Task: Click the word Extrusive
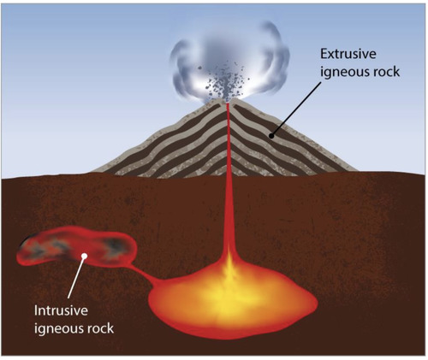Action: coord(348,54)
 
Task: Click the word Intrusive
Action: coord(61,310)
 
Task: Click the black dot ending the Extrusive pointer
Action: coord(271,136)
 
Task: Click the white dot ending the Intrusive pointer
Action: coord(84,256)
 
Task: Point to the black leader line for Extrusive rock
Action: coord(297,109)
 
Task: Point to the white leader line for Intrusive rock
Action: coord(76,277)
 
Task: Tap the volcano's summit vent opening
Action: coord(228,101)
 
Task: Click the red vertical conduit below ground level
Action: coord(228,214)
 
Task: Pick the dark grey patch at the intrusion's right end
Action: coord(116,246)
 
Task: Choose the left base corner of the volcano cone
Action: coord(92,172)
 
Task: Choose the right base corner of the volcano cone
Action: coord(357,170)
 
